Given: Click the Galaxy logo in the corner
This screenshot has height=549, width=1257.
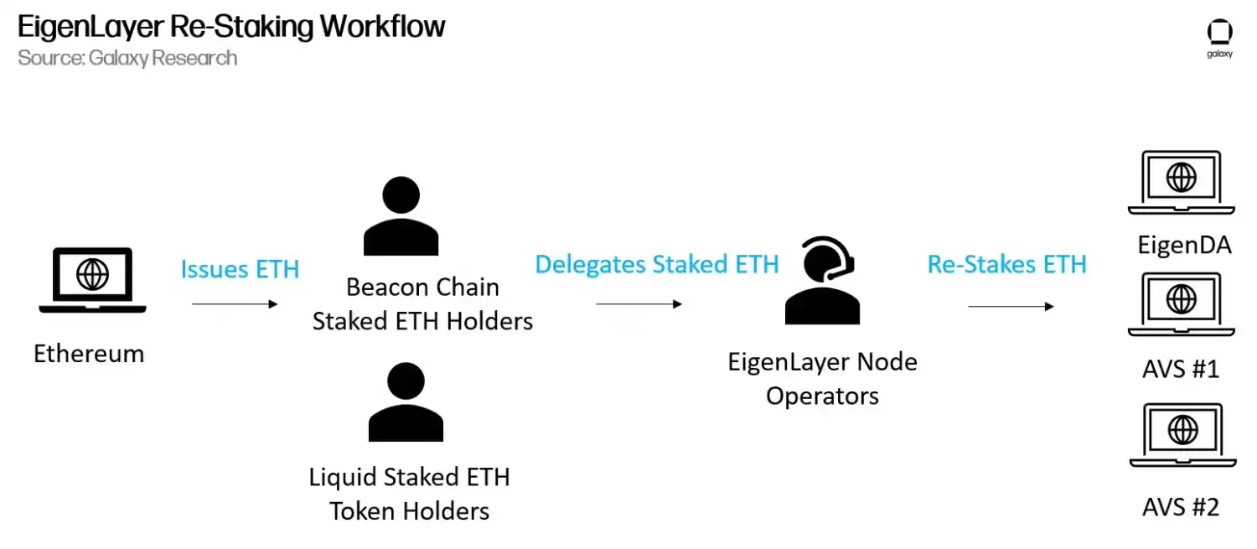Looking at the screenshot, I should (x=1219, y=38).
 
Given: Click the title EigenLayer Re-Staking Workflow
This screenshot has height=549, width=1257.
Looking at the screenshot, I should (x=231, y=27).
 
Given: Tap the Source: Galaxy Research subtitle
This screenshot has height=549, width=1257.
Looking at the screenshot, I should (x=127, y=58).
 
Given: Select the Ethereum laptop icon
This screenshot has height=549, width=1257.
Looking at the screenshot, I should (x=92, y=281).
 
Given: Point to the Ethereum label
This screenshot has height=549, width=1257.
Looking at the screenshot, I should (x=89, y=354).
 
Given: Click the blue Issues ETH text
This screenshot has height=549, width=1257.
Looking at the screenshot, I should (x=240, y=269).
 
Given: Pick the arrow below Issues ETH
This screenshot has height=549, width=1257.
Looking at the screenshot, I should (x=235, y=303).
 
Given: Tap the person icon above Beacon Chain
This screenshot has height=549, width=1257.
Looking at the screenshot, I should (x=401, y=218).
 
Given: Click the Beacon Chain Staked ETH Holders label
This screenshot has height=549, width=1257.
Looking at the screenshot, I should (x=422, y=304).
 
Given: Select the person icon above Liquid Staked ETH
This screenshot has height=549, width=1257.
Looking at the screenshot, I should (x=406, y=403).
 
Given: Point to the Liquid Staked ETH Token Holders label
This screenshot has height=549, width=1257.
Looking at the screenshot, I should (x=410, y=494).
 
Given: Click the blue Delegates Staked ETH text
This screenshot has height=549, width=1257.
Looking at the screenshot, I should (x=657, y=264).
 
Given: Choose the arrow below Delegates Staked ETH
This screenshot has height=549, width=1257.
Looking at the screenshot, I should (x=639, y=304).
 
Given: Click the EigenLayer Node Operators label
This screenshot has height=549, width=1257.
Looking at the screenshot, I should (x=822, y=379).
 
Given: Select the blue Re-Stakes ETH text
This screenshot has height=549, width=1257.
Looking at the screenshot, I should (x=1006, y=264).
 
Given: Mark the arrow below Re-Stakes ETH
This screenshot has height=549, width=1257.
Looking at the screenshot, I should (x=1011, y=307).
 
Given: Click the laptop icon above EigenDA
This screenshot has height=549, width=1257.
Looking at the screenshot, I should (x=1182, y=182).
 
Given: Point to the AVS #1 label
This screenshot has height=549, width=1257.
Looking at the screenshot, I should (x=1181, y=369).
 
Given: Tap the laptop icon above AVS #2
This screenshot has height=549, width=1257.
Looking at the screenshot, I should (x=1182, y=435).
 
